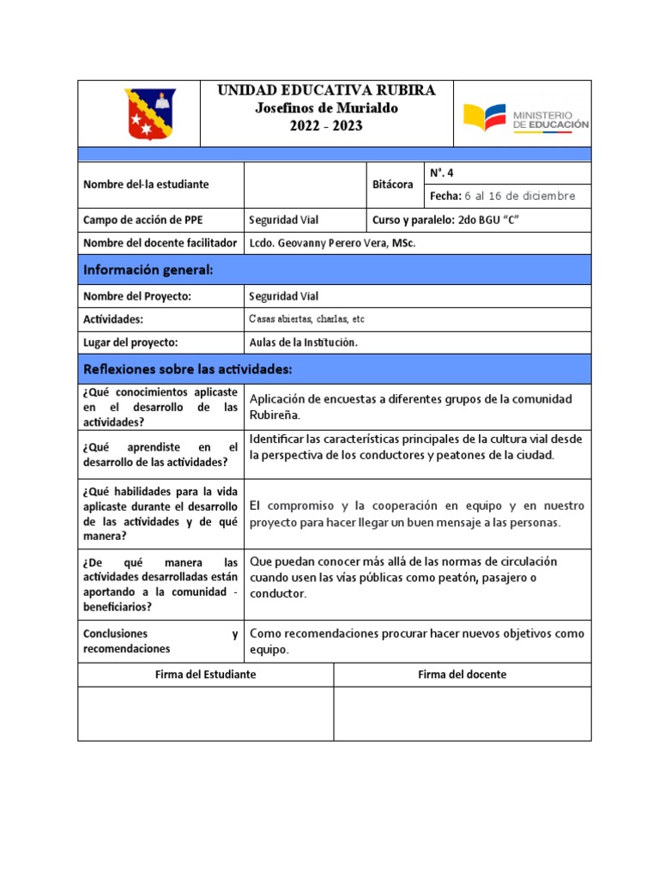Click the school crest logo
150,113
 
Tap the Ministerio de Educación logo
526,117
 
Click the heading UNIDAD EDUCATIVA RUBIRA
326,90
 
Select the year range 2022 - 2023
326,126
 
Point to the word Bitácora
394,185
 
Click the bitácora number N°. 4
442,173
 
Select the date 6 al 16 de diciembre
520,197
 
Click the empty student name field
305,185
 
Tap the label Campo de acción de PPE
137,221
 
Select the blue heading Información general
148,270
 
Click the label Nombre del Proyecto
136,296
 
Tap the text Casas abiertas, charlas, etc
306,319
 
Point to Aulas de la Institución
302,343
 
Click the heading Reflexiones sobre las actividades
188,369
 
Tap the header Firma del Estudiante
205,675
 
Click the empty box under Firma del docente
462,713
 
